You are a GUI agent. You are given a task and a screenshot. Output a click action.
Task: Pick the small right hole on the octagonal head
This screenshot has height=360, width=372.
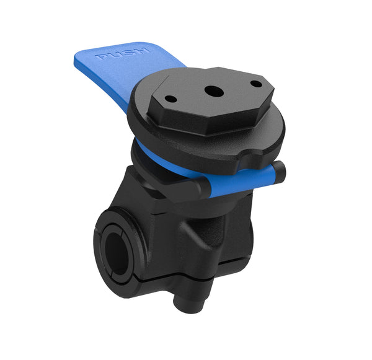pos(255,84)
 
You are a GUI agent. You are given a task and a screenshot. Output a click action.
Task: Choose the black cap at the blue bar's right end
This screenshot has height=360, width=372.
pos(279,169)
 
